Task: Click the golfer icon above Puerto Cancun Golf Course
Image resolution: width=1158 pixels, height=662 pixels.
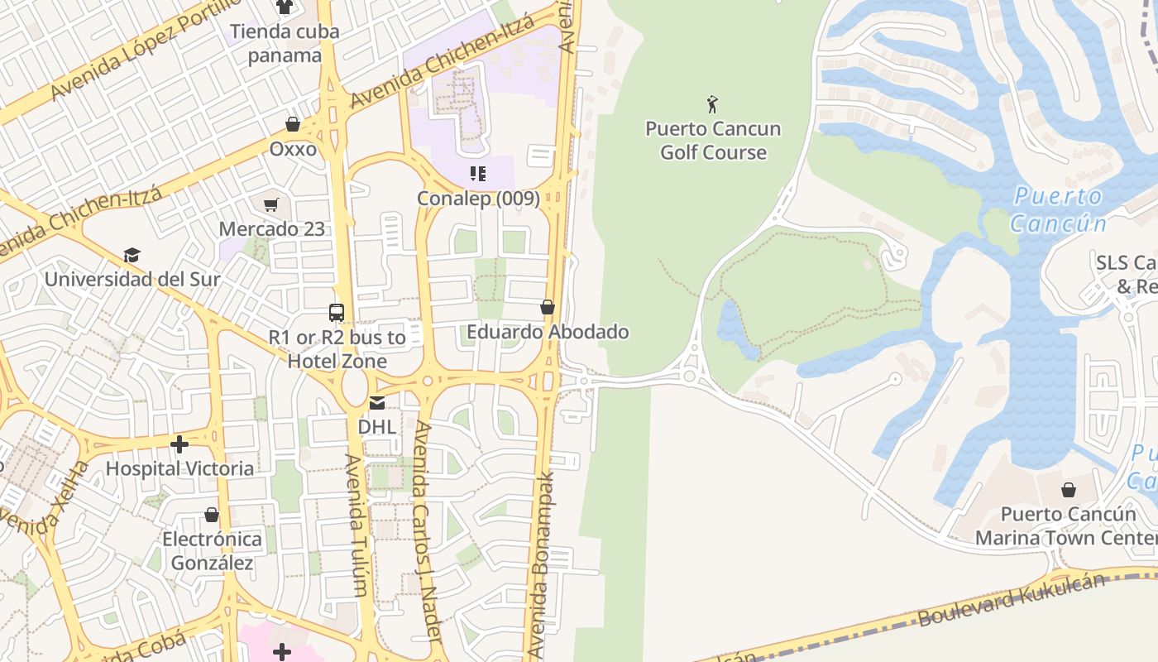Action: (712, 104)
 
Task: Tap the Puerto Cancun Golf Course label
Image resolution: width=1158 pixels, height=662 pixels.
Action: (713, 141)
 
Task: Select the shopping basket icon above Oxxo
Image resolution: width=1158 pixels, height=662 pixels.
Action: (293, 124)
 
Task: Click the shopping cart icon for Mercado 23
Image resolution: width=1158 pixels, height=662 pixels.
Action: (271, 204)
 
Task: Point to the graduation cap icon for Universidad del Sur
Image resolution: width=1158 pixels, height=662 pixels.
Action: (132, 255)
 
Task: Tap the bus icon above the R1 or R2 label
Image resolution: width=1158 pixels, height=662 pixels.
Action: (337, 313)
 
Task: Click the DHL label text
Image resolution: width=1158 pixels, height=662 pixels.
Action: (376, 427)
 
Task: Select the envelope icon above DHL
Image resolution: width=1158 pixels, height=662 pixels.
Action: (377, 403)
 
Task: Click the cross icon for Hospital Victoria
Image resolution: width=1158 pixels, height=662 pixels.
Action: (179, 445)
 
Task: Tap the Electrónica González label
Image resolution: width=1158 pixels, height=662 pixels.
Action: (212, 551)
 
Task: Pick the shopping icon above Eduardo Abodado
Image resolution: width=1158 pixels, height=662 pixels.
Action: (547, 307)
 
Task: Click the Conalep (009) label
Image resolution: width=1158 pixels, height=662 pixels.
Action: (478, 199)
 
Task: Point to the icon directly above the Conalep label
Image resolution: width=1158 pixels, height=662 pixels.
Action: (477, 174)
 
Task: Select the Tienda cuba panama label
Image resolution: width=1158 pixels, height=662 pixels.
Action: (285, 44)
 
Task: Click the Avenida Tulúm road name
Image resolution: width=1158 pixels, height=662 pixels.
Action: (356, 525)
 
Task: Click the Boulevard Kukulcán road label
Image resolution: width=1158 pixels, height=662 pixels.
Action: (1011, 600)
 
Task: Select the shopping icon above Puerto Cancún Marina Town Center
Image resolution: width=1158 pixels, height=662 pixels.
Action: (1068, 490)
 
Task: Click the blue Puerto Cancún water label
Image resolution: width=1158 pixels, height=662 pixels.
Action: (1058, 210)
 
